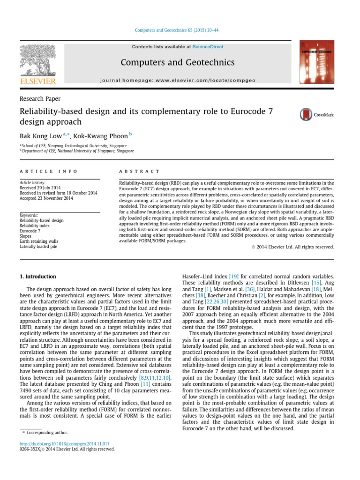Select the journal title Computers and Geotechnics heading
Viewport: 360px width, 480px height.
point(177,62)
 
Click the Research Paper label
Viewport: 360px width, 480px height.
point(40,98)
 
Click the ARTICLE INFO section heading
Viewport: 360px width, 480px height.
point(48,172)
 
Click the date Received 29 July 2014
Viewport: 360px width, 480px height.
point(43,187)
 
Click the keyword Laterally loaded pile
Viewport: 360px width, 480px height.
point(38,247)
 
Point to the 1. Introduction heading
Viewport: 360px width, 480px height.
point(37,277)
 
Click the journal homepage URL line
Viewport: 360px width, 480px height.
point(177,81)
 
